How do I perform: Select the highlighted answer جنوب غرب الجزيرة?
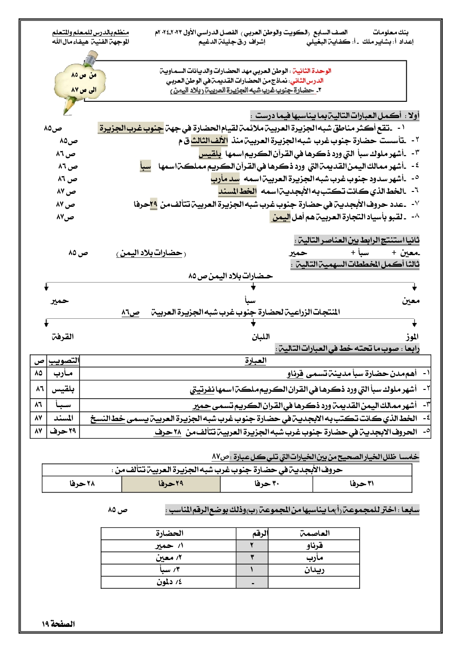point(131,128)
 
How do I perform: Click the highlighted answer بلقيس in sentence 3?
point(211,153)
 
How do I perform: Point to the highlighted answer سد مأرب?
point(225,179)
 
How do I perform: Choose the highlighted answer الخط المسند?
point(237,191)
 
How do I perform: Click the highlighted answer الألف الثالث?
point(210,140)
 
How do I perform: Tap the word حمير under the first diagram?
point(59,301)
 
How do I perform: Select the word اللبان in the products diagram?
point(261,336)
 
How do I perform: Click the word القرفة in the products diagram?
point(62,336)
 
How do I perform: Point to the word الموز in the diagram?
point(412,336)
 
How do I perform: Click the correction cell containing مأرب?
point(63,373)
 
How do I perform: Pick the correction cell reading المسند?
point(63,418)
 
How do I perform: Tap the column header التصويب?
point(64,361)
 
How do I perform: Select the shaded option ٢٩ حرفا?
point(171,484)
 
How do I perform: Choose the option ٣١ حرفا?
point(362,484)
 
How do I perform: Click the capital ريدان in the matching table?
point(314,570)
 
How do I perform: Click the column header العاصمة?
point(315,533)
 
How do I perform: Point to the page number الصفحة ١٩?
point(58,624)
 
